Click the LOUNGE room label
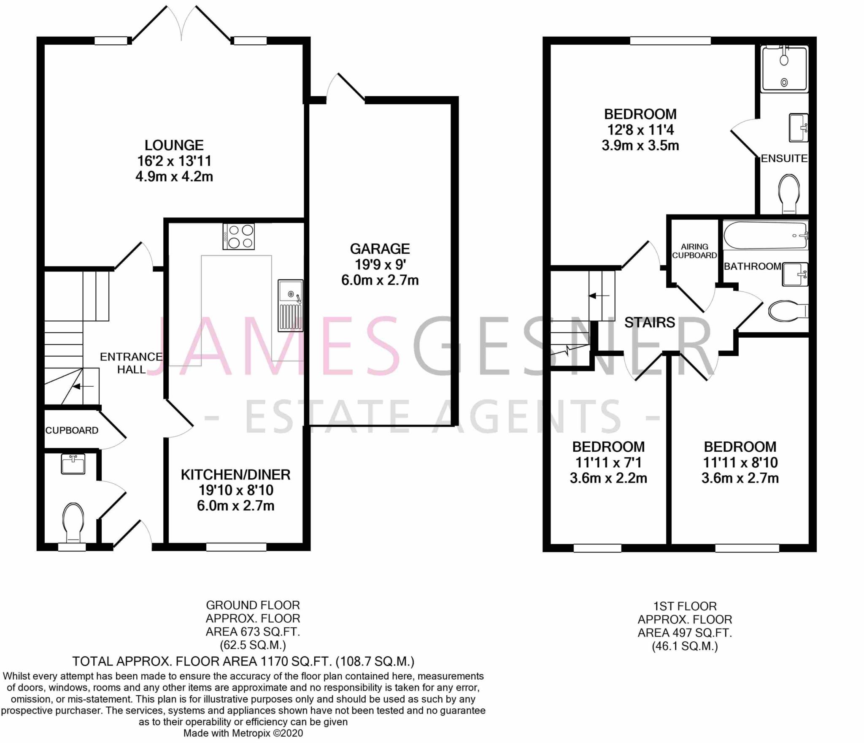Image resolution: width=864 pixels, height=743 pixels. point(174,145)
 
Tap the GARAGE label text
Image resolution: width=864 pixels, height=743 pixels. point(380,249)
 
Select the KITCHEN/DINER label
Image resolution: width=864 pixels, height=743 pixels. point(235,475)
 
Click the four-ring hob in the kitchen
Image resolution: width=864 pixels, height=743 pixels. point(239,236)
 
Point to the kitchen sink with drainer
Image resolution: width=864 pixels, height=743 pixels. point(290,305)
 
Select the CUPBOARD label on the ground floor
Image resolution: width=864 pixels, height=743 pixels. point(72,430)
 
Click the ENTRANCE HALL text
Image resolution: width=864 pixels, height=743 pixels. point(131,363)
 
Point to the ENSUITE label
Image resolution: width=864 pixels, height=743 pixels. point(784,158)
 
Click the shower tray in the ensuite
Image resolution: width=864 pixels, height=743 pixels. point(784,70)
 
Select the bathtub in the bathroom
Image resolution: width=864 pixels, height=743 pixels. point(765,235)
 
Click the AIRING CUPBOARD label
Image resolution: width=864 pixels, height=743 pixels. point(694,251)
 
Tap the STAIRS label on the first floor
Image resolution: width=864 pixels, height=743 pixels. point(650,323)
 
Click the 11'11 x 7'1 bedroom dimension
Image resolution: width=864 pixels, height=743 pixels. point(608,463)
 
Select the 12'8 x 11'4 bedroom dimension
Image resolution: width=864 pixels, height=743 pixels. point(640,130)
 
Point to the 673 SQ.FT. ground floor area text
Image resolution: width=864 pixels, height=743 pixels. point(253,632)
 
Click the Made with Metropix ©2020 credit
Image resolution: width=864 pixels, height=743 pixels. point(243,733)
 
